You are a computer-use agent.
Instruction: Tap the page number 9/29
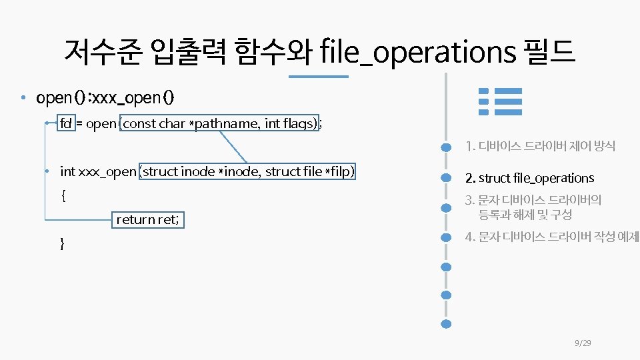tap(583, 343)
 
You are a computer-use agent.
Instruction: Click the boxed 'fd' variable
tap(66, 123)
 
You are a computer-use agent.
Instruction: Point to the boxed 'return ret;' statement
tap(147, 219)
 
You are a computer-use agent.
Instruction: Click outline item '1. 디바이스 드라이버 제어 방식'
tap(540, 145)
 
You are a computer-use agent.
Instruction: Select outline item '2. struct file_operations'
tap(529, 178)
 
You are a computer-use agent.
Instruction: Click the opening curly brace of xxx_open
tap(63, 196)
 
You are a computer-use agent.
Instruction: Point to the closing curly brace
tap(63, 244)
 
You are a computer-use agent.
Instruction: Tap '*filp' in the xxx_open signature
tap(339, 171)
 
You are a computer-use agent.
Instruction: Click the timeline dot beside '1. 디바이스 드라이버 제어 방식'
tap(447, 146)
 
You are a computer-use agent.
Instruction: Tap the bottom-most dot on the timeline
tap(447, 324)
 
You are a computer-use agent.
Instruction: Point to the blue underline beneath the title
tap(319, 77)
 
